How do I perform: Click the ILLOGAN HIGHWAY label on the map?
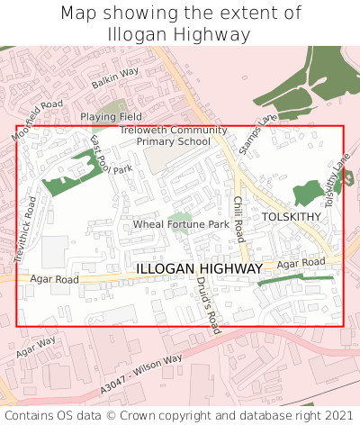[x=200, y=269]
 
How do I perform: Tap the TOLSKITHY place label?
[x=291, y=217]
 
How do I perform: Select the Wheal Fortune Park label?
[x=181, y=223]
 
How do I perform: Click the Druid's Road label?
[x=208, y=304]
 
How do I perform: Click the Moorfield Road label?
[x=39, y=120]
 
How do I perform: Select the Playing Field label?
[x=111, y=117]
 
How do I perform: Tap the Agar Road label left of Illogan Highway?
[x=55, y=280]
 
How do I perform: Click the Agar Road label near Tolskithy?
[x=301, y=263]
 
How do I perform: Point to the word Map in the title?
[x=81, y=14]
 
